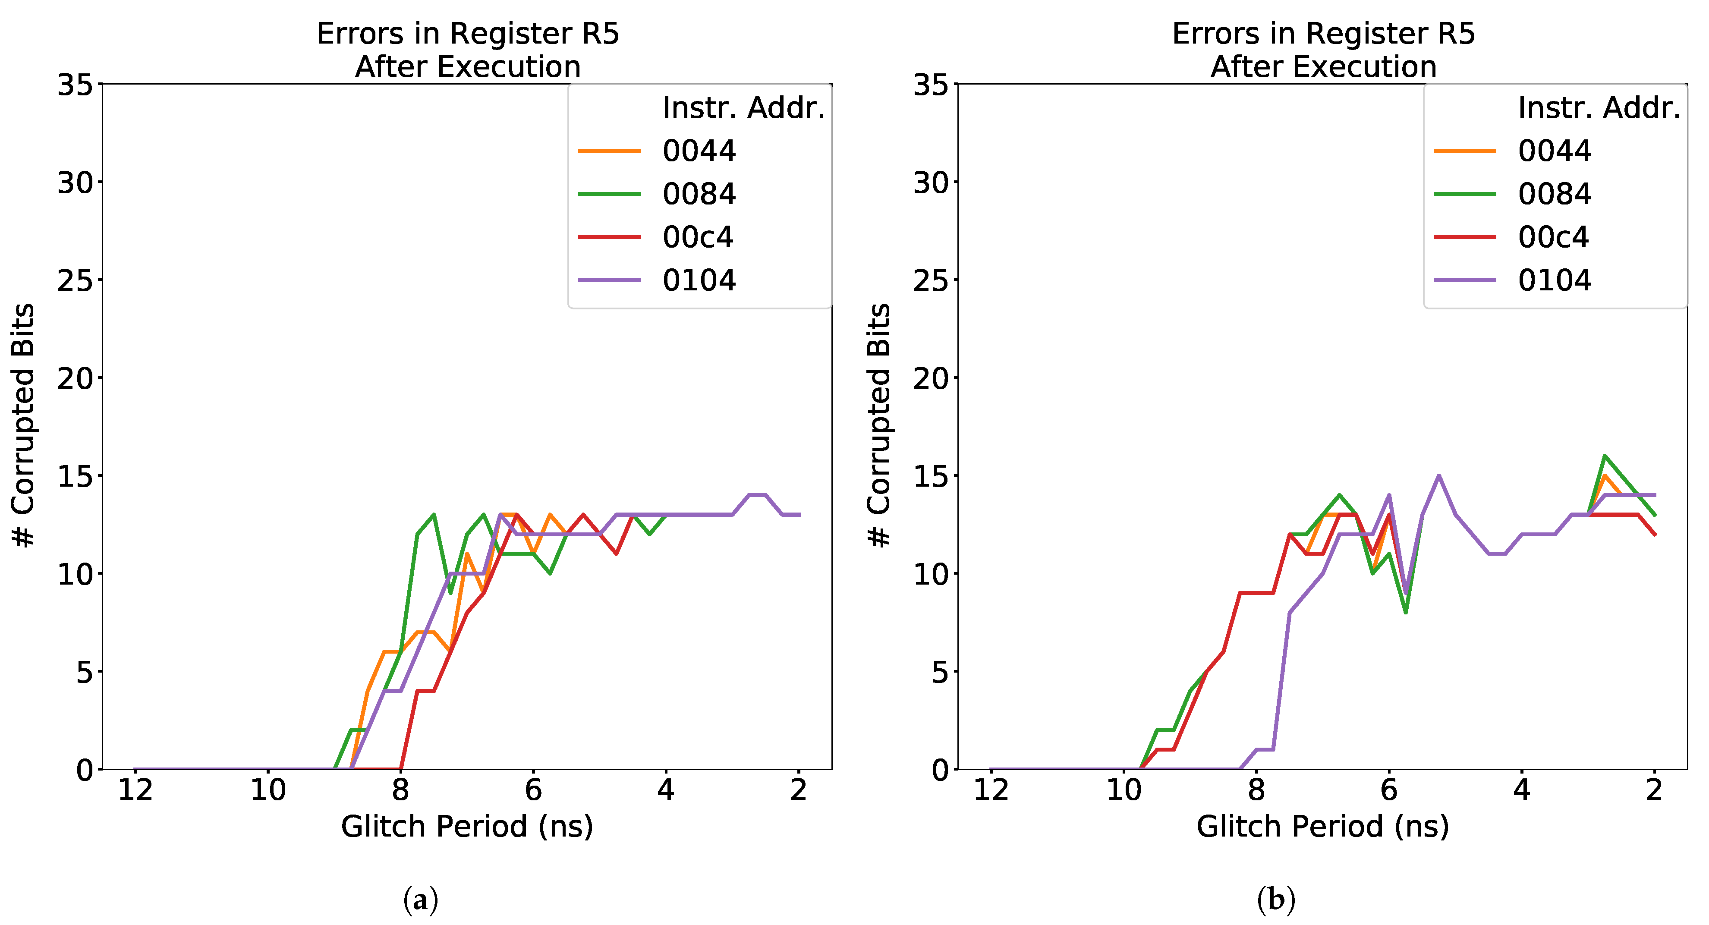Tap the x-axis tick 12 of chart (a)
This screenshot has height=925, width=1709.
(135, 790)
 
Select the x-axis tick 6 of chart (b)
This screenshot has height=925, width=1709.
(1388, 790)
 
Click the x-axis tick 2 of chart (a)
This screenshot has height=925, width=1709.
(798, 790)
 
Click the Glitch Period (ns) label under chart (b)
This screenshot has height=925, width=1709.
(1322, 827)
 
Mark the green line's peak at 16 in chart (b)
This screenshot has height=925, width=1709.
(1604, 456)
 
